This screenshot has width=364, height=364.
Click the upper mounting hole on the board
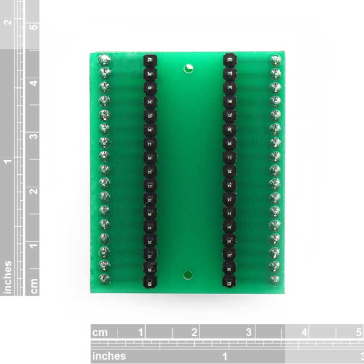click(x=188, y=69)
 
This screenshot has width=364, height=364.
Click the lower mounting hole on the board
click(x=188, y=275)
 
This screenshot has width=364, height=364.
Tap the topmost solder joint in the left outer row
click(x=105, y=60)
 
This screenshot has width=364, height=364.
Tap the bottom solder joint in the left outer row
click(x=104, y=279)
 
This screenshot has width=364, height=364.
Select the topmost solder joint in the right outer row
click(x=276, y=60)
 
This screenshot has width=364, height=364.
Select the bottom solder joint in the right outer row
click(x=275, y=280)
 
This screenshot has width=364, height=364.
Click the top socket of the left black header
click(x=150, y=61)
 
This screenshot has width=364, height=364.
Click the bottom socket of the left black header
click(x=150, y=282)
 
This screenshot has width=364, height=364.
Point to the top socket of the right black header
click(x=230, y=60)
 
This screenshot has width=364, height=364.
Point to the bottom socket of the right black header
click(x=229, y=282)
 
